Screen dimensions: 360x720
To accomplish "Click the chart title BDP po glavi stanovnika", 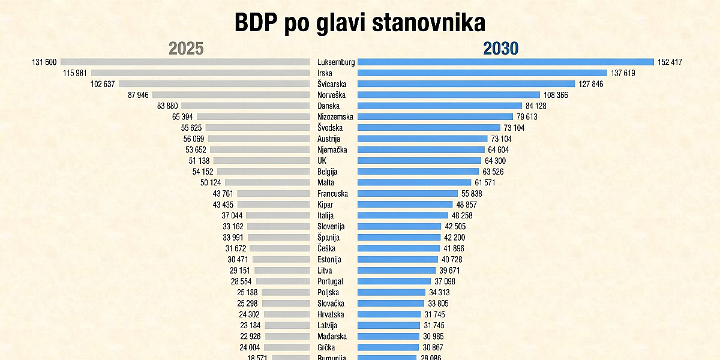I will tap(359, 23).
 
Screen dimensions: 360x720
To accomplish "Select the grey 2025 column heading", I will tap(186, 49).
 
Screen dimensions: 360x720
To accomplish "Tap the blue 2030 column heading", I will tap(500, 49).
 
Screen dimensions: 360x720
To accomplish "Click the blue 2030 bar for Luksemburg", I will tap(505, 62).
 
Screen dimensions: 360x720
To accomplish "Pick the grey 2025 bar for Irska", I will tap(200, 73).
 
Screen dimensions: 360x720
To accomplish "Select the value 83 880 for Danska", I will tap(169, 106).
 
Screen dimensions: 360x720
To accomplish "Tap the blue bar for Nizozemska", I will tap(435, 117).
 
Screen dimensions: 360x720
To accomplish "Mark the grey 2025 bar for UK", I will tap(261, 161).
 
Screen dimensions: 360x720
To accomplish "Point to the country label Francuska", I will tap(332, 194).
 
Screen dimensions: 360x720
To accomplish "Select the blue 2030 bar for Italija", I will tap(403, 215).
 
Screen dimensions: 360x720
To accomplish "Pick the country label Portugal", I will tap(330, 281).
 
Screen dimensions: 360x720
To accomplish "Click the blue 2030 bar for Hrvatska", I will tap(389, 314).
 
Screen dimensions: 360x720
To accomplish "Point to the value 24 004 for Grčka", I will tap(251, 347).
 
